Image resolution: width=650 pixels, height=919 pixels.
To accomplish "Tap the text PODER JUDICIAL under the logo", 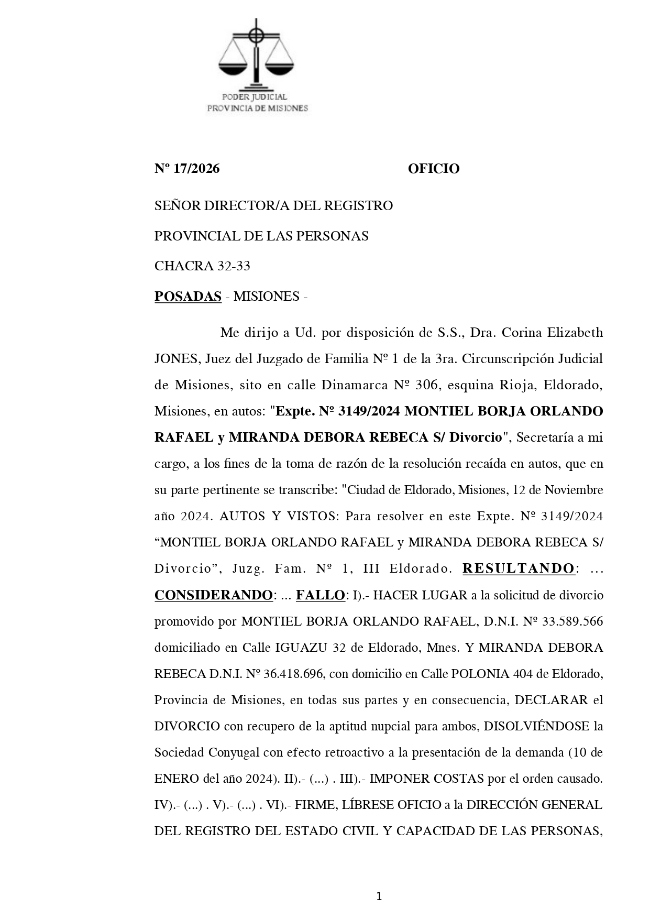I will [255, 97].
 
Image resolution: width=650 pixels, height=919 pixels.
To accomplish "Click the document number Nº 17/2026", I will [187, 169].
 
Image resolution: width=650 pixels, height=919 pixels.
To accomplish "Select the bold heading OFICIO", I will [433, 169].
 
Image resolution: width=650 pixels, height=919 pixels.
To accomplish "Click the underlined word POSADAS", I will [188, 297].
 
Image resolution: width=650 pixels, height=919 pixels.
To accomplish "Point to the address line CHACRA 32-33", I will [202, 266].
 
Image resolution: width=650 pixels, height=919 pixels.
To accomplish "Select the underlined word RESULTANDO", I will [518, 569].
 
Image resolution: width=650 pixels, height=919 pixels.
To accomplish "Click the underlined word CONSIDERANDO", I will [213, 596].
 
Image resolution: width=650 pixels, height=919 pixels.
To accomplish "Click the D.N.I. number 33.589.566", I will [574, 622].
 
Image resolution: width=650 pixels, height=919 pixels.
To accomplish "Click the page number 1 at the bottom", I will [379, 897].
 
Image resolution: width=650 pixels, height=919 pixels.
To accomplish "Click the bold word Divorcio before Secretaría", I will [476, 438].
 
